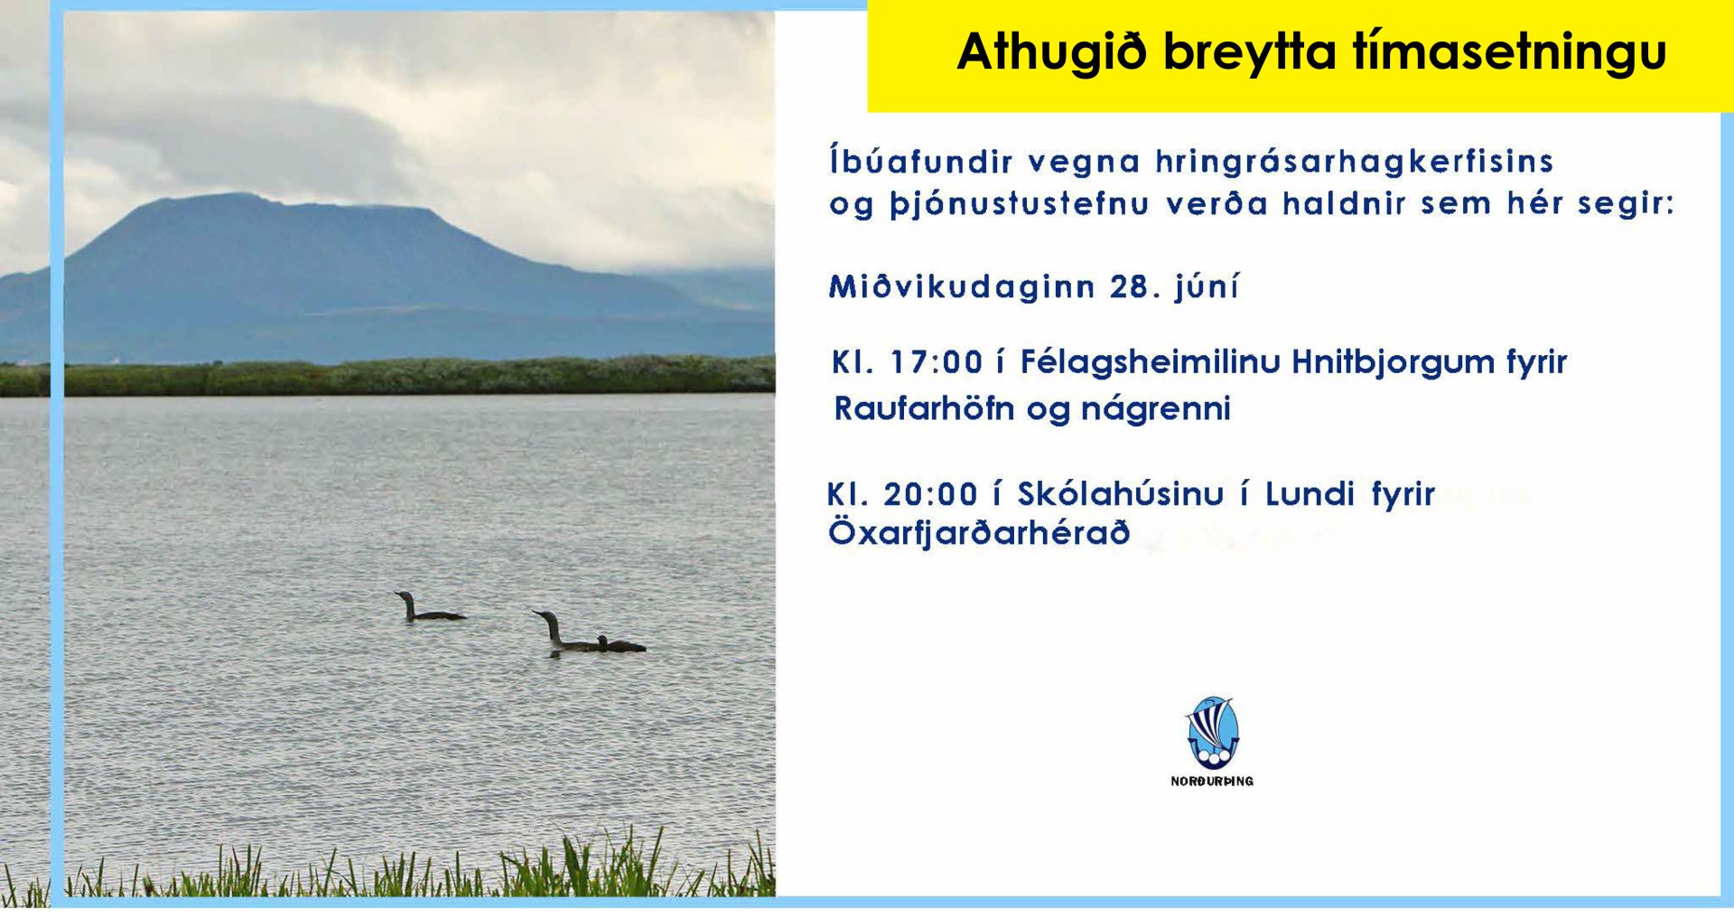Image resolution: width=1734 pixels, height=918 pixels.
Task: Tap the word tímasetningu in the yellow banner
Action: (1509, 52)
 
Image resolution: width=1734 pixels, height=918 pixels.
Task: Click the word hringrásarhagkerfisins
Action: (1354, 162)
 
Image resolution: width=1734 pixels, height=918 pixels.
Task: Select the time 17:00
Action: (936, 362)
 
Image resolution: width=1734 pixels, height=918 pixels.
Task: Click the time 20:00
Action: (930, 494)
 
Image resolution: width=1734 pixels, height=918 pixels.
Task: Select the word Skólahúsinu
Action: (1120, 494)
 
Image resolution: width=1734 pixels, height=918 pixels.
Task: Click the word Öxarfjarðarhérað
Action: (979, 532)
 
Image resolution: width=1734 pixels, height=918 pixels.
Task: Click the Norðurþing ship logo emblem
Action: (1212, 733)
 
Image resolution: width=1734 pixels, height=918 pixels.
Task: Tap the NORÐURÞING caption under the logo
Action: (1212, 781)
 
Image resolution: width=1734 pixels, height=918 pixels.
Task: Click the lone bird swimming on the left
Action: (426, 609)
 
